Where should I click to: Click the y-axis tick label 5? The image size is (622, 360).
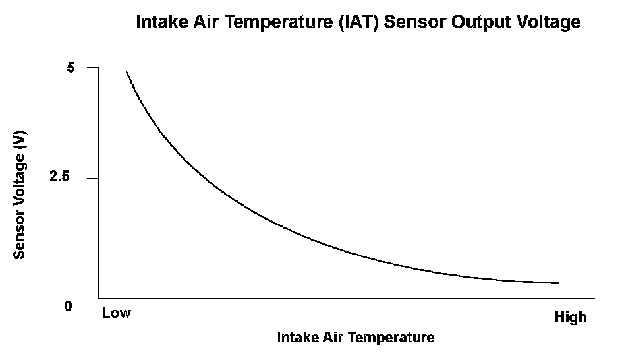(71, 67)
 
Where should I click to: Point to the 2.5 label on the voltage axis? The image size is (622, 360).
(59, 176)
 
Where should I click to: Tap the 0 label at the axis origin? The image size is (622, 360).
(69, 306)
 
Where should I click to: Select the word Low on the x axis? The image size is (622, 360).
(116, 313)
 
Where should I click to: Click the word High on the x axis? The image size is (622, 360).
(571, 318)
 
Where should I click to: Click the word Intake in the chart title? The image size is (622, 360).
(162, 22)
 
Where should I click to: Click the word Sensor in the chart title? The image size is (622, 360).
(415, 22)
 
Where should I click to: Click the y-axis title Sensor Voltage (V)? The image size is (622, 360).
(19, 195)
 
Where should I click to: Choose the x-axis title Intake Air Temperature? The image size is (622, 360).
(356, 338)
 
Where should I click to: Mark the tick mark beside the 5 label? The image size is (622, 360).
(93, 67)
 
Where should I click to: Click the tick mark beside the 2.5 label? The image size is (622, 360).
(93, 179)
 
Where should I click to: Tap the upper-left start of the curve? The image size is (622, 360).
(127, 71)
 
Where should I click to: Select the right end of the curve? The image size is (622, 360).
(558, 283)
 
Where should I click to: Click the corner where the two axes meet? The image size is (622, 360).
(99, 298)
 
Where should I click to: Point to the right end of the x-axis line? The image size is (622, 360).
(594, 298)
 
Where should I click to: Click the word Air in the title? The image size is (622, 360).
(206, 22)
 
